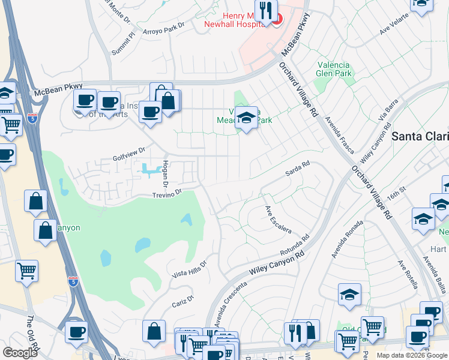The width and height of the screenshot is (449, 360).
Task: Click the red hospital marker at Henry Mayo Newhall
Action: [276, 20]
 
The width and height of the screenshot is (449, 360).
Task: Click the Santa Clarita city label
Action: [420, 136]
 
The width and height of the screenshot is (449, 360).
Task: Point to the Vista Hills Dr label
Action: [189, 268]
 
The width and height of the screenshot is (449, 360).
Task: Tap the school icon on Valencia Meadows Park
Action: [246, 118]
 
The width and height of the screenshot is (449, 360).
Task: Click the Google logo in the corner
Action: [20, 353]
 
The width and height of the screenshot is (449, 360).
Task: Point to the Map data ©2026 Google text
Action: [411, 355]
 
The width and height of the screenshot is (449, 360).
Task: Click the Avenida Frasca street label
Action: [340, 135]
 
